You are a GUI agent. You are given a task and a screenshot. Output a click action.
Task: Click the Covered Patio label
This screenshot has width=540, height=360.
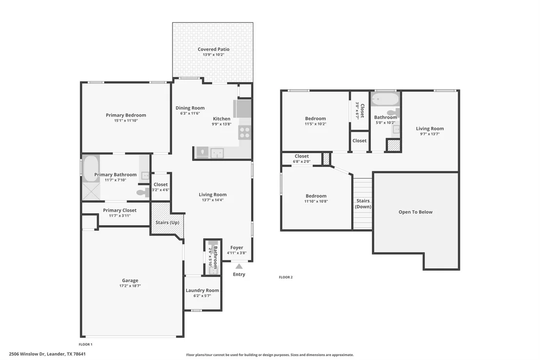[213, 49]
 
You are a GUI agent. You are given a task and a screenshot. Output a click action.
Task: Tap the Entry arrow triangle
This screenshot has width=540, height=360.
[239, 266]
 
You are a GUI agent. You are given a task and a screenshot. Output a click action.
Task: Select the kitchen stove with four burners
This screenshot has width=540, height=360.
[245, 132]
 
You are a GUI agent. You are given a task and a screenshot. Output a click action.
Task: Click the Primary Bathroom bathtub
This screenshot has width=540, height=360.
[91, 169]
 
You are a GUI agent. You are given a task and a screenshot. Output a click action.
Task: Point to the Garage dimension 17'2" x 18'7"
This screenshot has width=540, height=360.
[130, 286]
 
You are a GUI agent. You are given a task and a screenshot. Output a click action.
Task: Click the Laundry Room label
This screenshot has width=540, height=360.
[202, 290]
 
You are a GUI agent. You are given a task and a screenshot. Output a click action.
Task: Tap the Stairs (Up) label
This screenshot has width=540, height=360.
[167, 222]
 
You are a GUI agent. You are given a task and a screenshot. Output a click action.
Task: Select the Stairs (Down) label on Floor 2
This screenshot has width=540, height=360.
[363, 203]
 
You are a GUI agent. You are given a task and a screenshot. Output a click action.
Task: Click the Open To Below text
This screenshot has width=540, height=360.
[416, 212]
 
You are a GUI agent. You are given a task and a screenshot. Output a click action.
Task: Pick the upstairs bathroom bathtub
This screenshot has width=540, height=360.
[386, 99]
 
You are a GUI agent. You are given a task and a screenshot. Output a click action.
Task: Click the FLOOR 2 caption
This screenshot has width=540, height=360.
[286, 277]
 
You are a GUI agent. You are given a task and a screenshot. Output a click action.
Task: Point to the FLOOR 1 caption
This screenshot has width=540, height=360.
[86, 344]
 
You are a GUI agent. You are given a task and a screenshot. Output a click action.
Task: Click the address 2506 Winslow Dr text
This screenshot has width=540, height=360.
[27, 354]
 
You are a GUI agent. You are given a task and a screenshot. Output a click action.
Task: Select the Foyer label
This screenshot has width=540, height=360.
[236, 248]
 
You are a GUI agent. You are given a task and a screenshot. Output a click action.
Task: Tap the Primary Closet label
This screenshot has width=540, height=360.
[120, 210]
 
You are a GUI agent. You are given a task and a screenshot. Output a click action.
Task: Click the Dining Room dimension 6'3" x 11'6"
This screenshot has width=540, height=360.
[190, 113]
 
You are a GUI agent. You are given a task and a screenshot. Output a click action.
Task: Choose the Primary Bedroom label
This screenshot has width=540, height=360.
[126, 115]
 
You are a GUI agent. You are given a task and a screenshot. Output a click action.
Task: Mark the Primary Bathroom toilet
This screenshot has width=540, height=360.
[142, 192]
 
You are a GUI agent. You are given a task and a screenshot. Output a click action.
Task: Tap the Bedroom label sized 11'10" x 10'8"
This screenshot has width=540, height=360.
[316, 196]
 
